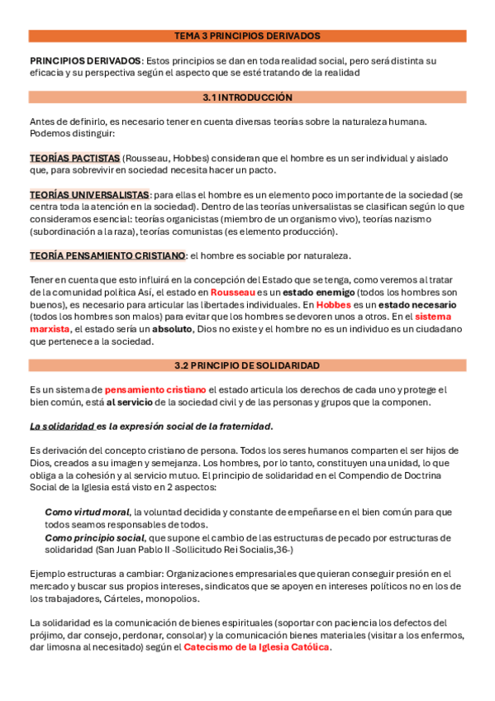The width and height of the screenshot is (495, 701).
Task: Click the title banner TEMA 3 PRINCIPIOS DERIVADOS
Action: pyautogui.click(x=247, y=36)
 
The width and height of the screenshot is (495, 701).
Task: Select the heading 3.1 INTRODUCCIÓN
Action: pyautogui.click(x=247, y=98)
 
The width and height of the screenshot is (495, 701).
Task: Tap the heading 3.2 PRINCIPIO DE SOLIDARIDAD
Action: pyautogui.click(x=247, y=365)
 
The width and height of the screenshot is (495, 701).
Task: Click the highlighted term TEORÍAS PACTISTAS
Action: pyautogui.click(x=74, y=158)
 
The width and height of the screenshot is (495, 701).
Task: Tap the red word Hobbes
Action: pyautogui.click(x=334, y=304)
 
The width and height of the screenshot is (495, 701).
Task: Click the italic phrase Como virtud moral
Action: pyautogui.click(x=87, y=513)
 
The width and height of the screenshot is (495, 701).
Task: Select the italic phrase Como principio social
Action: pyautogui.click(x=94, y=537)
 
